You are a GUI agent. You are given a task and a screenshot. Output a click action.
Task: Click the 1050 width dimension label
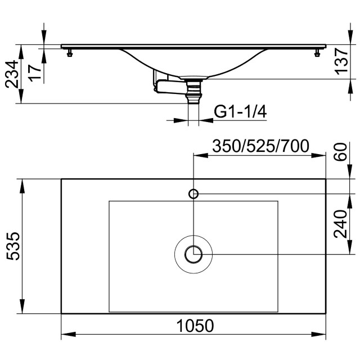pos(195,326)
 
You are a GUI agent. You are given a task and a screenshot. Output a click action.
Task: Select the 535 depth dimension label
pos(13,246)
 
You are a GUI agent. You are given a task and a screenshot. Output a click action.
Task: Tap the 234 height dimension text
pos(11,74)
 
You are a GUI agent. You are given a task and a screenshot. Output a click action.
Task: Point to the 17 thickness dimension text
pos(35,73)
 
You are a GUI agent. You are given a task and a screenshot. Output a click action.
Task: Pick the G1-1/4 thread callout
pos(240,112)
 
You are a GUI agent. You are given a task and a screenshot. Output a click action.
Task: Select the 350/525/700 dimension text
pos(260,146)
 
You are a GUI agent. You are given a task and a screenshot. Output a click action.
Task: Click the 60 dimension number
pos(340,152)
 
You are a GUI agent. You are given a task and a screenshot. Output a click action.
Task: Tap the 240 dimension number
pos(340,224)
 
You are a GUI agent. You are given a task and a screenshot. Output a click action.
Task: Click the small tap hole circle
pos(193,193)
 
